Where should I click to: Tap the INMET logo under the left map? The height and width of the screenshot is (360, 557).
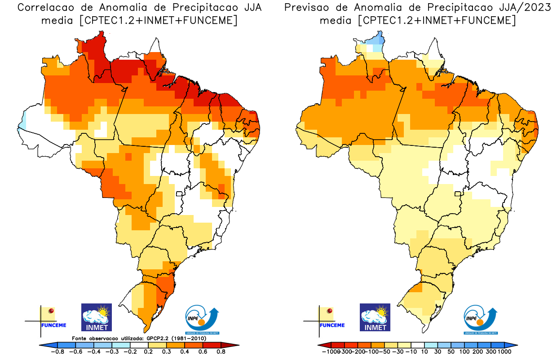pos(96,317)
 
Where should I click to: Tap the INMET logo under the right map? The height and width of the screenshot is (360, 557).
pos(375,317)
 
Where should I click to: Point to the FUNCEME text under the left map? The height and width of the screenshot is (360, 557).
pos(53,325)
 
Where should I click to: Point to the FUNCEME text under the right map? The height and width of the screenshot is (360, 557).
pos(332,325)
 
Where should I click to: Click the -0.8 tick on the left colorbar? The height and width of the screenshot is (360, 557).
pos(58,352)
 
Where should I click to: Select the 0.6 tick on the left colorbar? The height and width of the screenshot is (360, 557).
pos(202,352)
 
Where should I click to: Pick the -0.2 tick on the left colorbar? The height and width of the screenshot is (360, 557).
pos(130,352)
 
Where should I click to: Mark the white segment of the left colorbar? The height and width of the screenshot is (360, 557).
pos(139,345)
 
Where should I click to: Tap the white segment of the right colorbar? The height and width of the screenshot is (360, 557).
pos(418,345)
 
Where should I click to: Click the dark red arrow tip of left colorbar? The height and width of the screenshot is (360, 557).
pos(234,345)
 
